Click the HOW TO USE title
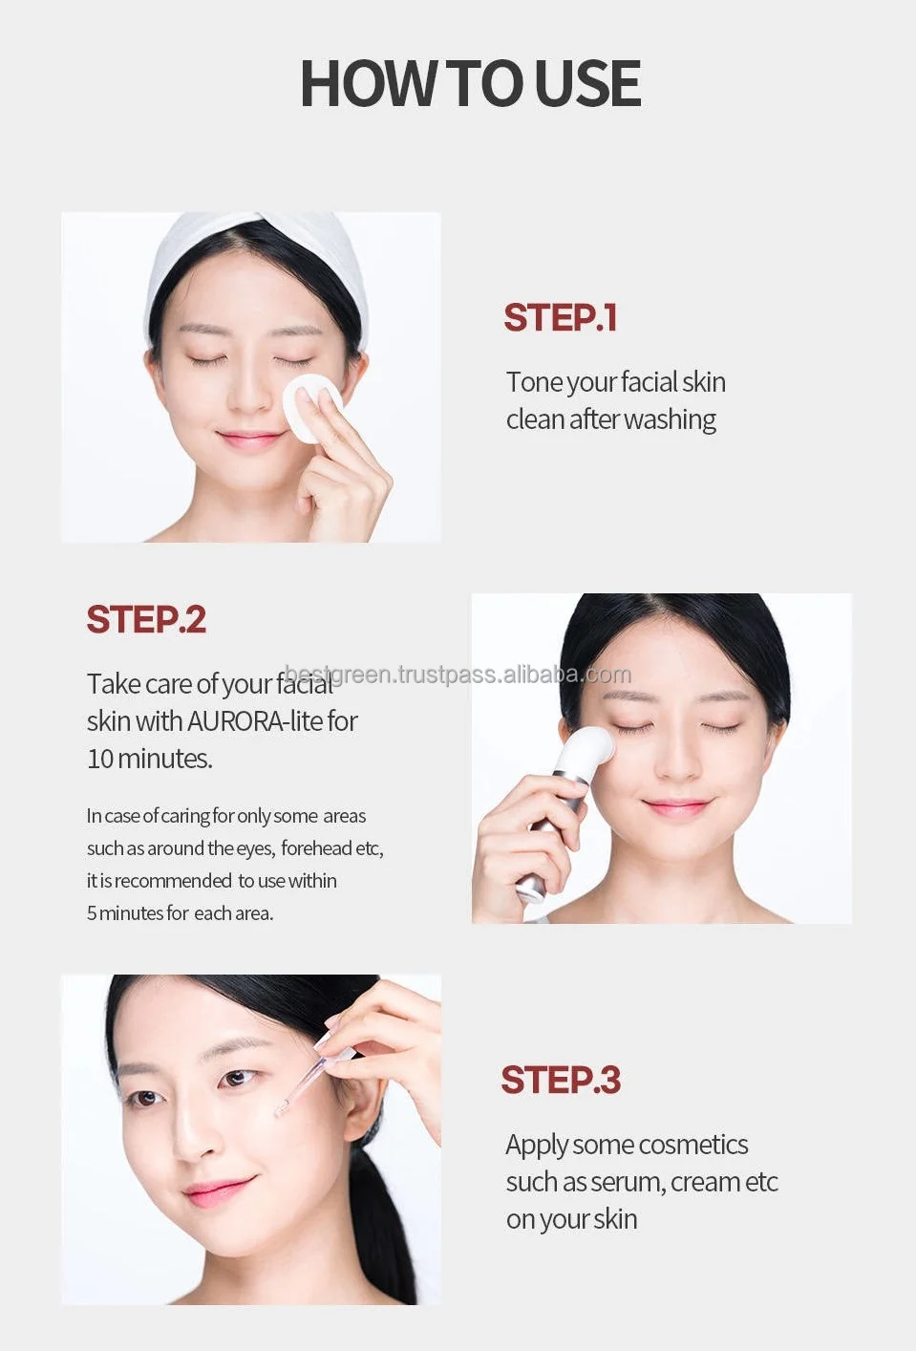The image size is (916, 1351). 470,83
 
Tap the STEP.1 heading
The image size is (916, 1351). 561,318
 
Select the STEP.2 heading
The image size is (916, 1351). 146,619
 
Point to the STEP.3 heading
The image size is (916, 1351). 561,1080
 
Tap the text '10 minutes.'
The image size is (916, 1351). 150,759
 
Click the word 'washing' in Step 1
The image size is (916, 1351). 670,419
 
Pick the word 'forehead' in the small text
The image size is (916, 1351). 316,848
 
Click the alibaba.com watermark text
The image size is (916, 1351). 458,675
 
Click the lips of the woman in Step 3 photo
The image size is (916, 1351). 218,1190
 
